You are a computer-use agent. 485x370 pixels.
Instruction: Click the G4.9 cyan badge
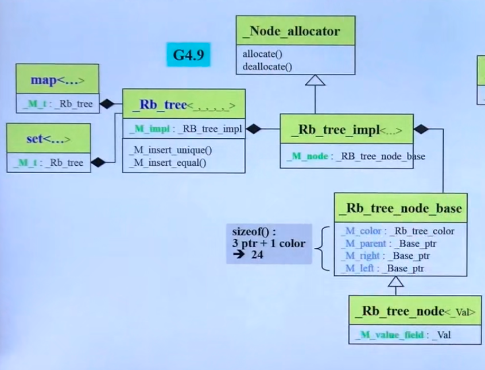[x=189, y=54]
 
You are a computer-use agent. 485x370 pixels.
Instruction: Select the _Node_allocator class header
[x=295, y=32]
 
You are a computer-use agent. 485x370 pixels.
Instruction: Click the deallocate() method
[x=267, y=66]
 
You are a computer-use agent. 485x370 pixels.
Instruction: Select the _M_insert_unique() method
[x=169, y=150]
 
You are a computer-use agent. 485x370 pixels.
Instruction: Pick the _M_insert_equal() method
[x=167, y=162]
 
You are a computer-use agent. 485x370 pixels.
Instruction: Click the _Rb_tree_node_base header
[x=400, y=208]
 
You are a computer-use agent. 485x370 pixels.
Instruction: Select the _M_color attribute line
[x=397, y=231]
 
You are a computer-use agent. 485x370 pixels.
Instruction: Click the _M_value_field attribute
[x=404, y=334]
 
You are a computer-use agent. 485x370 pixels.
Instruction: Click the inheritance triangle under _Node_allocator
[x=315, y=80]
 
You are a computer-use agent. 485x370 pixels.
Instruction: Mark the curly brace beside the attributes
[x=325, y=249]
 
